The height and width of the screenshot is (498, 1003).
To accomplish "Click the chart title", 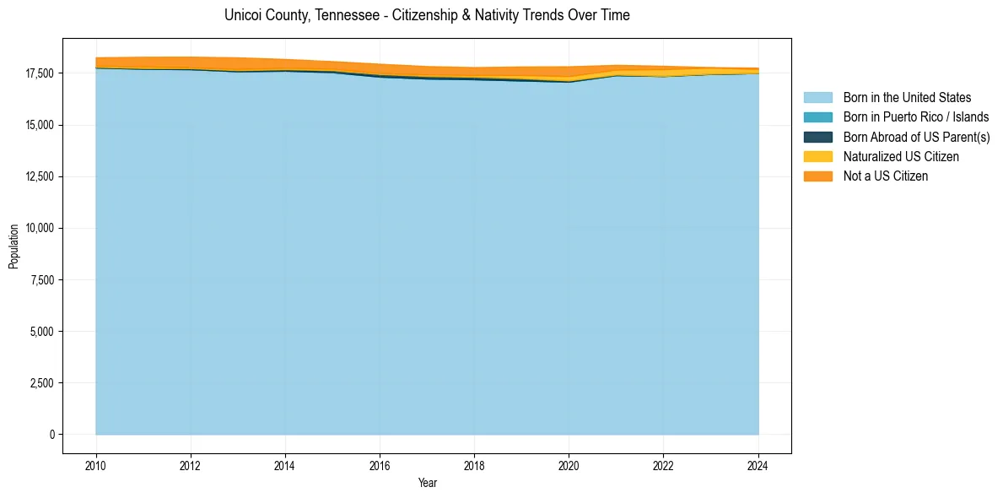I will click(x=427, y=15).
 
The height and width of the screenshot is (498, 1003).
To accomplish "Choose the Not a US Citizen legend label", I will click(x=885, y=176).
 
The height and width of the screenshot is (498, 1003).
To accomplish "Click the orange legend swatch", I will click(x=817, y=176).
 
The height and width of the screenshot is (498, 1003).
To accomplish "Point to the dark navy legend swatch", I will click(x=817, y=137).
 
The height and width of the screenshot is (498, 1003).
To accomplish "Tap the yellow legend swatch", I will click(x=817, y=157).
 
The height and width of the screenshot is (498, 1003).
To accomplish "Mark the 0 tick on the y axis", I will click(x=51, y=435).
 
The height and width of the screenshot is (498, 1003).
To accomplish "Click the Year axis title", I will click(x=427, y=483).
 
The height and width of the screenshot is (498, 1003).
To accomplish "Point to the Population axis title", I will click(x=13, y=246).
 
